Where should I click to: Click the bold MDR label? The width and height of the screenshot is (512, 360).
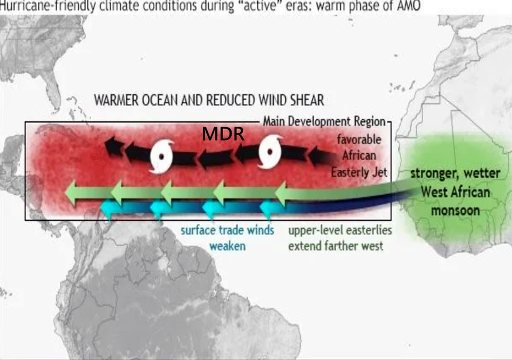point(223,134)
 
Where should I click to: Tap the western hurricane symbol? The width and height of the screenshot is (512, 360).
point(161,156)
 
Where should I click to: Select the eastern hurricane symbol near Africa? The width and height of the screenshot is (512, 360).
point(270,151)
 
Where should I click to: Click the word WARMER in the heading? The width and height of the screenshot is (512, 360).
point(116,100)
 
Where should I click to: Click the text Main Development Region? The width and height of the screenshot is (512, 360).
point(324,121)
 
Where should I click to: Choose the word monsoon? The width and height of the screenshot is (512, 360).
point(455,210)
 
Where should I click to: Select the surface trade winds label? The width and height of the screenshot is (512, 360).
point(227,230)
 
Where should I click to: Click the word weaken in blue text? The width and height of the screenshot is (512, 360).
point(227,246)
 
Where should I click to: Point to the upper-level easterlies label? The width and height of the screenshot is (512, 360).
point(340,230)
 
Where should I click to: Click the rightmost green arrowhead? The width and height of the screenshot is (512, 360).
point(281,193)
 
